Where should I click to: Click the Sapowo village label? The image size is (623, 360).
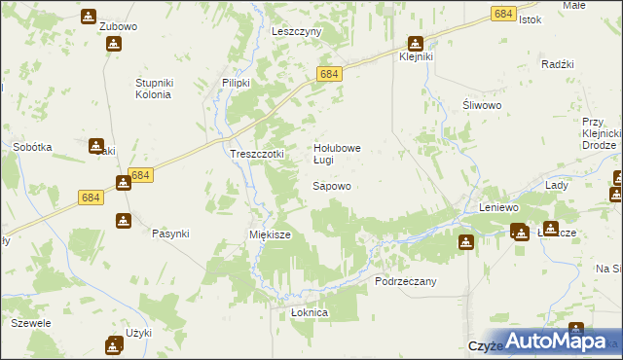(x=331, y=185)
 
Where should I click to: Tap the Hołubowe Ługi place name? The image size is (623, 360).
(x=337, y=154)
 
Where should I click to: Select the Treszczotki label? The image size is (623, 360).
(x=256, y=154)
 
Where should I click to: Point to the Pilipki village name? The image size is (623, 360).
(x=237, y=84)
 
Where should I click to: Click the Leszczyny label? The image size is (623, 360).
(x=296, y=31)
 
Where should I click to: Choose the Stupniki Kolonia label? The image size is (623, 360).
(x=153, y=89)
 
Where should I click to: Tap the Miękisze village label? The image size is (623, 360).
(x=270, y=234)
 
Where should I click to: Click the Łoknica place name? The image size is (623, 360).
(x=311, y=313)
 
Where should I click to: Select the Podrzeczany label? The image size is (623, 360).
(x=406, y=280)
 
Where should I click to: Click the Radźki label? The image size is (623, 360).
(x=560, y=64)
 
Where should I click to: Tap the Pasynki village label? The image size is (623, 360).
(x=170, y=234)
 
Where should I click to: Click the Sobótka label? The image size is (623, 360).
(x=32, y=147)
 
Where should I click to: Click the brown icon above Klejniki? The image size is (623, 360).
(x=416, y=43)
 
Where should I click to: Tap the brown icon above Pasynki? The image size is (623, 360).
(x=124, y=221)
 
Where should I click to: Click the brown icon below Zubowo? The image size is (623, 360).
(x=115, y=44)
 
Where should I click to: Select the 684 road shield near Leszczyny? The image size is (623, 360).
(x=328, y=74)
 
